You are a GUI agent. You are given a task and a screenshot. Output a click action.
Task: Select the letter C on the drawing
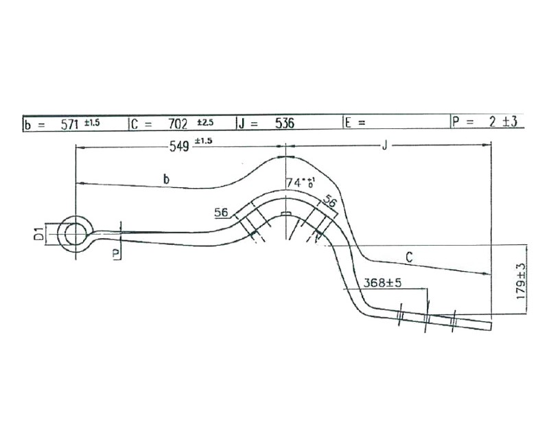pyautogui.click(x=409, y=257)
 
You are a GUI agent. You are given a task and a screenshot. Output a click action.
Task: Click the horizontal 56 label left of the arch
pyautogui.click(x=221, y=213)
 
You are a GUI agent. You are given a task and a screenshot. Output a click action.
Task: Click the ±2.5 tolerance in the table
pyautogui.click(x=205, y=121)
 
